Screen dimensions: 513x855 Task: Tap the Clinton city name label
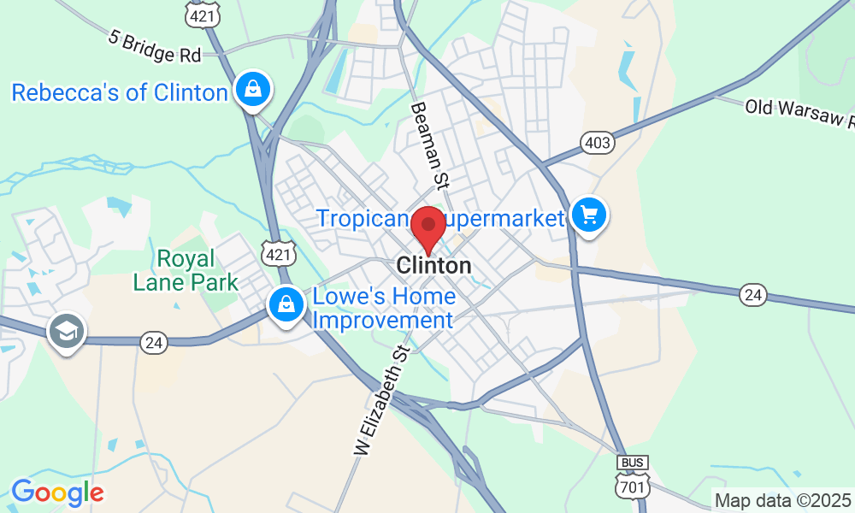coord(433,266)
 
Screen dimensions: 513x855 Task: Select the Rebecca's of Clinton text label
coord(119,92)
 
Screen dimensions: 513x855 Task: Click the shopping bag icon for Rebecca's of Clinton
coord(254,88)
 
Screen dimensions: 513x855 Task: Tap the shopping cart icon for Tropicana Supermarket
coord(588,214)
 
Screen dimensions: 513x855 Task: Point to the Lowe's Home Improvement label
coord(384,309)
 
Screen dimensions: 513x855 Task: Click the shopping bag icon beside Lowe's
coord(284,304)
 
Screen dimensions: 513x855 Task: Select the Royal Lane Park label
coord(186,269)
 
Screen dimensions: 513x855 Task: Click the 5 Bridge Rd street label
coord(155,47)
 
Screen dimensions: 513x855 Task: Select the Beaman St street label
coord(430,145)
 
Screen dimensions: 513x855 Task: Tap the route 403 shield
coord(597,142)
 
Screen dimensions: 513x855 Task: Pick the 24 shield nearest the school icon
coord(154,341)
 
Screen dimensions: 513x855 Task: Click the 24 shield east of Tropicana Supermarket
coord(752,295)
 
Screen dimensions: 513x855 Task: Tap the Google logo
coord(57,492)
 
